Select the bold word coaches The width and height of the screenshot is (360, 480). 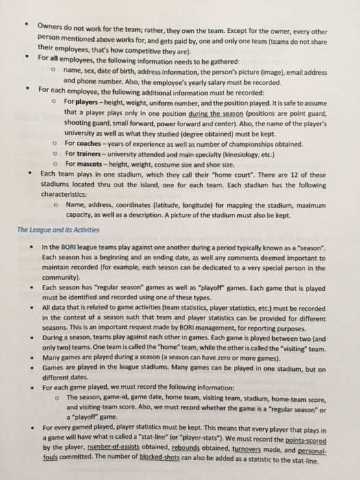(89, 143)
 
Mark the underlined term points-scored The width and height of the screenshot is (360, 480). (318, 442)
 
